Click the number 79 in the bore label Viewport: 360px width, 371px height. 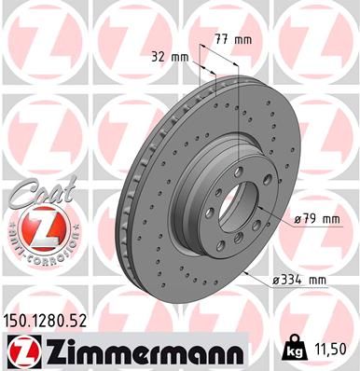point(312,219)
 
